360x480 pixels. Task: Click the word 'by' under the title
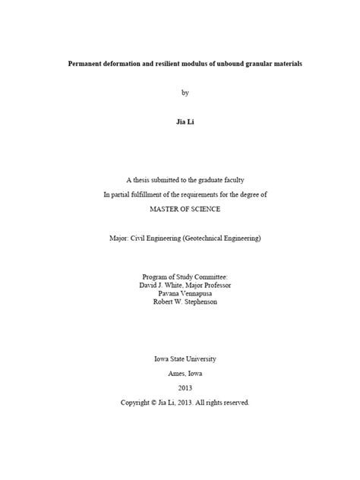coord(185,93)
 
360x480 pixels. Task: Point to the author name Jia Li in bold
coord(185,122)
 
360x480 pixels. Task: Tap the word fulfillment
coord(151,194)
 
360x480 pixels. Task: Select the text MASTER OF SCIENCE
coord(185,208)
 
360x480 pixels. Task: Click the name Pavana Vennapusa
coord(185,295)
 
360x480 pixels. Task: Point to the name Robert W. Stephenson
coord(185,304)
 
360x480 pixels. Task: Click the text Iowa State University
coord(185,358)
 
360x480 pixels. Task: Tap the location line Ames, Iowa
coord(185,374)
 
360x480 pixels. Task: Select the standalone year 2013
coord(185,388)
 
